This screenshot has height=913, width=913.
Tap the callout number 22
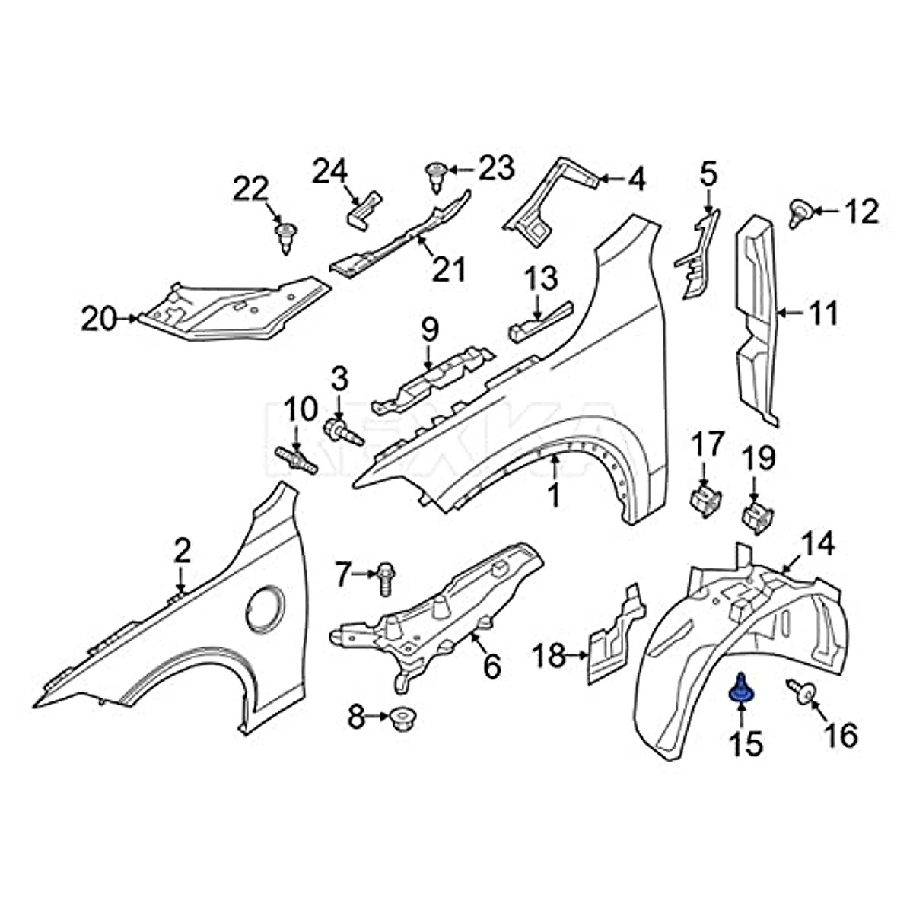point(251,189)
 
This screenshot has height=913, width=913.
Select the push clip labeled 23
point(436,179)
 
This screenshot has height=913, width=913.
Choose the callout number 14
point(818,545)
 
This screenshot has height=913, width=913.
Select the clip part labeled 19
point(757,516)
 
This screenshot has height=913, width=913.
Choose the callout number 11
point(822,312)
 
